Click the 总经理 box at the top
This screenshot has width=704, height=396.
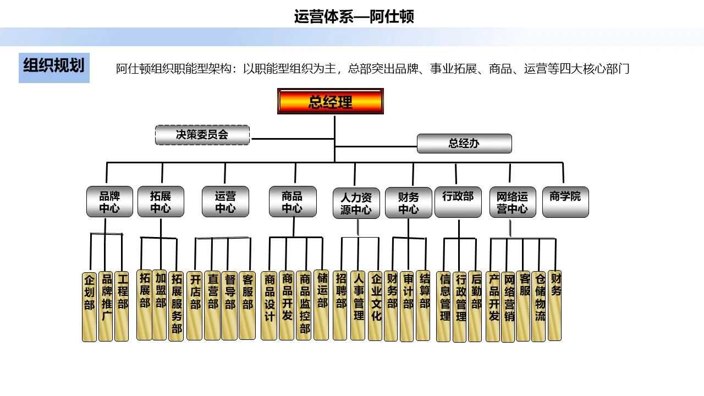point(330,102)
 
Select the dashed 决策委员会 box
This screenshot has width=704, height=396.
point(202,135)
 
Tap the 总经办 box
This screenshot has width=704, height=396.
point(464,144)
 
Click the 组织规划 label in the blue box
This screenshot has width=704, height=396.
point(54,67)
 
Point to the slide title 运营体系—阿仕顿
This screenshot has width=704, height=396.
point(354,16)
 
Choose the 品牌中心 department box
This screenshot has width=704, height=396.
point(109,202)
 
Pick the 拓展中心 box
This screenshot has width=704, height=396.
point(161,202)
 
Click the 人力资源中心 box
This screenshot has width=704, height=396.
point(356,204)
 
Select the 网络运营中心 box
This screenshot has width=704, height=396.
point(512,202)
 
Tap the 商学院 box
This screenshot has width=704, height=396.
point(565,202)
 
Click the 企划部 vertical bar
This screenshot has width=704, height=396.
point(89,306)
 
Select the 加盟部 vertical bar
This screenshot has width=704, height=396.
point(160,305)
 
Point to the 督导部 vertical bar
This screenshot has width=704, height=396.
point(229,305)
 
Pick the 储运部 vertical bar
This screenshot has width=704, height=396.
point(322,305)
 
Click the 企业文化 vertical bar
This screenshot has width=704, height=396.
point(375,305)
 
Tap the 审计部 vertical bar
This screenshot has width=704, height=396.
point(408,306)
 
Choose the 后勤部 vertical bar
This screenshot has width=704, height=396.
point(475,306)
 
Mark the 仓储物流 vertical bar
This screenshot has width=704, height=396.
point(539,306)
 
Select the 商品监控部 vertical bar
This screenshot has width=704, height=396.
point(304,305)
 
